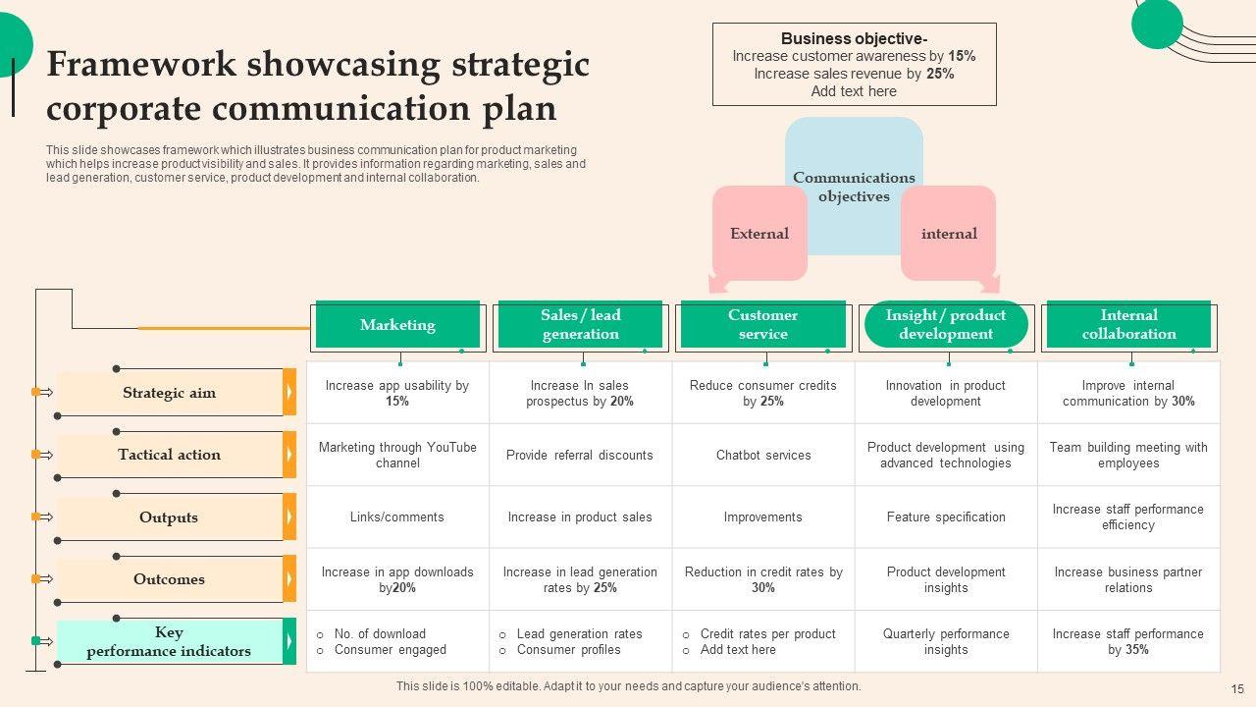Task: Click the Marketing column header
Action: pyautogui.click(x=397, y=325)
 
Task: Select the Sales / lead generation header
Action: pyautogui.click(x=581, y=325)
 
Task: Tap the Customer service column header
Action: pyautogui.click(x=762, y=325)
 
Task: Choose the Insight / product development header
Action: pyautogui.click(x=946, y=325)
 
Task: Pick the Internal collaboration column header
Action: pyautogui.click(x=1128, y=325)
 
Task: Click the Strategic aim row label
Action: pyautogui.click(x=169, y=393)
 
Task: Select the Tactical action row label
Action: pyautogui.click(x=169, y=455)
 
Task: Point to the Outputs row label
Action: pyautogui.click(x=169, y=517)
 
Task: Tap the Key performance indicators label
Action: pyautogui.click(x=169, y=641)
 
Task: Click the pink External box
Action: pyautogui.click(x=759, y=234)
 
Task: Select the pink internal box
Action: pyautogui.click(x=949, y=234)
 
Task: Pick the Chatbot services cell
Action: pyautogui.click(x=763, y=456)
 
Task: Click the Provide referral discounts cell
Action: pyautogui.click(x=580, y=456)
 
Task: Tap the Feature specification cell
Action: pyautogui.click(x=946, y=517)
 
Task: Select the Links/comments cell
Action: pyautogui.click(x=397, y=517)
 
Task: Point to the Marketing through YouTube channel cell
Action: pyautogui.click(x=397, y=455)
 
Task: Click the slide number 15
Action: pyautogui.click(x=1237, y=689)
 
